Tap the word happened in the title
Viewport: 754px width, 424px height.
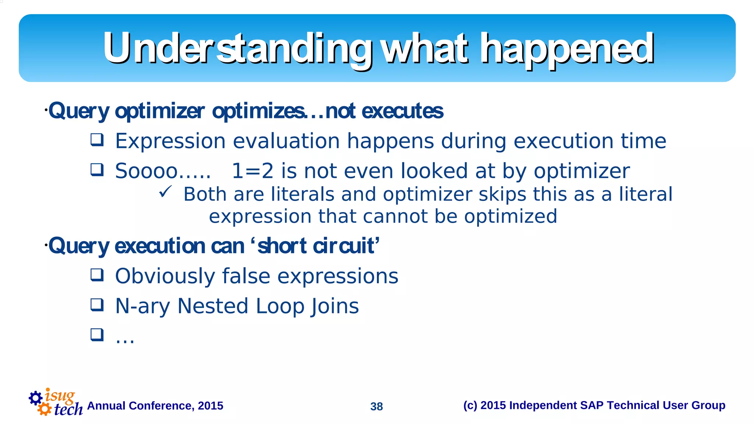click(567, 49)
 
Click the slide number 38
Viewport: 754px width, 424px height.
click(376, 406)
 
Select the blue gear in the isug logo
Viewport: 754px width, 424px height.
click(36, 398)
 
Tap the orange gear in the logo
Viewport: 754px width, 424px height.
click(45, 409)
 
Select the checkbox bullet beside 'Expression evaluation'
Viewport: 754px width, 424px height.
click(97, 140)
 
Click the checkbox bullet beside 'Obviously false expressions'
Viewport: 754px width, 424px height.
click(97, 275)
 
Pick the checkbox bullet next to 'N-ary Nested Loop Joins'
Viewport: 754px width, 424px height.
click(97, 305)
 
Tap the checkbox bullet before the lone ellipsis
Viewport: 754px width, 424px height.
click(97, 335)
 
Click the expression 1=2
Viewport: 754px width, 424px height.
click(253, 171)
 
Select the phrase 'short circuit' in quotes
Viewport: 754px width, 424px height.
click(316, 246)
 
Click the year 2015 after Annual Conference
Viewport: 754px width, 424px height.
click(210, 406)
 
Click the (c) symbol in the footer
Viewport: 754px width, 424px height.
click(470, 405)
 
